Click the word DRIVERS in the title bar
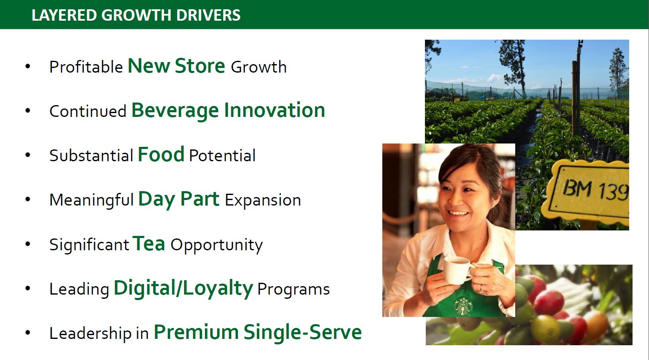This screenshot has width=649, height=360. pyautogui.click(x=208, y=15)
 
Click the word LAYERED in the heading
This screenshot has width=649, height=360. pyautogui.click(x=64, y=15)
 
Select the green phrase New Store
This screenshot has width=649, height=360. pyautogui.click(x=176, y=66)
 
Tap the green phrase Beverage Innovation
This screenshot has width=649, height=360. pyautogui.click(x=228, y=111)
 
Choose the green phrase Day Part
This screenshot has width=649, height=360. pyautogui.click(x=179, y=200)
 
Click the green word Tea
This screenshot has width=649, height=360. pyautogui.click(x=149, y=244)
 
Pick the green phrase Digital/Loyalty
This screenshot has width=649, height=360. pyautogui.click(x=184, y=288)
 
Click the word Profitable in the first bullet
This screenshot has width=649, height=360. pyautogui.click(x=86, y=67)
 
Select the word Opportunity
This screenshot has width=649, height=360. pyautogui.click(x=217, y=245)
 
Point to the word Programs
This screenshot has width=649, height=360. pyautogui.click(x=294, y=290)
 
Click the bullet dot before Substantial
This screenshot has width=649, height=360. pyautogui.click(x=28, y=155)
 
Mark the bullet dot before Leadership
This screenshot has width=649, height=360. pyautogui.click(x=28, y=333)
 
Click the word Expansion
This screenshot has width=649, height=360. pyautogui.click(x=263, y=200)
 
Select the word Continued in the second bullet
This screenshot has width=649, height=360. pyautogui.click(x=88, y=111)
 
